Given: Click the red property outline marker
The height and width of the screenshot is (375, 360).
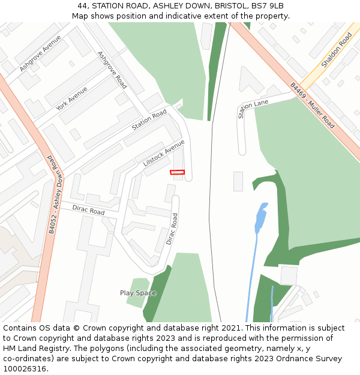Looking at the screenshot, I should coord(177,172).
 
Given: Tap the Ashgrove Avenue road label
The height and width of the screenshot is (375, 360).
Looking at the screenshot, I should coord(40,53).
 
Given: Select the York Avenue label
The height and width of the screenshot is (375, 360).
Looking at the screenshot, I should coord(71,98).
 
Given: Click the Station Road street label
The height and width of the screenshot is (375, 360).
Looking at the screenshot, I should coord(149,120).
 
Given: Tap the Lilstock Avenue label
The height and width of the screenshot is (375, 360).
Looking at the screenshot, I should coord(164,153).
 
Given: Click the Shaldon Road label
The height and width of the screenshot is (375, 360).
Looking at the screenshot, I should coord(336,50).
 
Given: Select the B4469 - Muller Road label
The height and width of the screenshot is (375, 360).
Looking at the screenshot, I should coord(312,105).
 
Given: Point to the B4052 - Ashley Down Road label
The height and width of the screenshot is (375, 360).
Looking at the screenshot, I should coord(53,194).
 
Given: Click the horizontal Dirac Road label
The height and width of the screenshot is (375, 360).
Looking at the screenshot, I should coord(88,211).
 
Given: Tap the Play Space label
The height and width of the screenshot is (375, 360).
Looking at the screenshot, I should coord(138,293).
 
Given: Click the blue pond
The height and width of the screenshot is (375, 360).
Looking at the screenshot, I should coord(261,218).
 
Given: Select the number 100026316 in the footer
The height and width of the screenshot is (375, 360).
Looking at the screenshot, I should coord(24,368).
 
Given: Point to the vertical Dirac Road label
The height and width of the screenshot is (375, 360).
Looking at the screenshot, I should coord(172,229).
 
